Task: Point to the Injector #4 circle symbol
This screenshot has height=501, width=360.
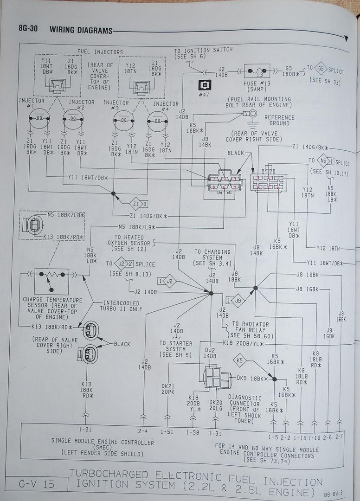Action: coord(157,122)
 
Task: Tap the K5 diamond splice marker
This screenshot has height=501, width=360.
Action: coord(240,360)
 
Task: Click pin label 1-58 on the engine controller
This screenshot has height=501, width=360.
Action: coord(193,432)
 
